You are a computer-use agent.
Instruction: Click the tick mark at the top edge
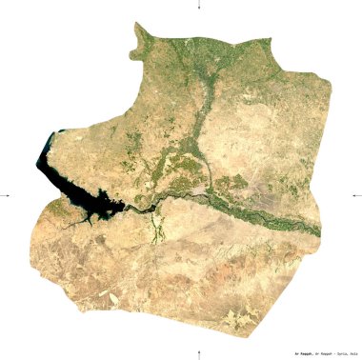click(x=198, y=5)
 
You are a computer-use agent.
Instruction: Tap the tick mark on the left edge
click(x=5, y=195)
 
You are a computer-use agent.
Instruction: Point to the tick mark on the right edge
click(x=357, y=195)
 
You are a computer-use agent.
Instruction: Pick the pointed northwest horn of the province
click(x=138, y=26)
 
